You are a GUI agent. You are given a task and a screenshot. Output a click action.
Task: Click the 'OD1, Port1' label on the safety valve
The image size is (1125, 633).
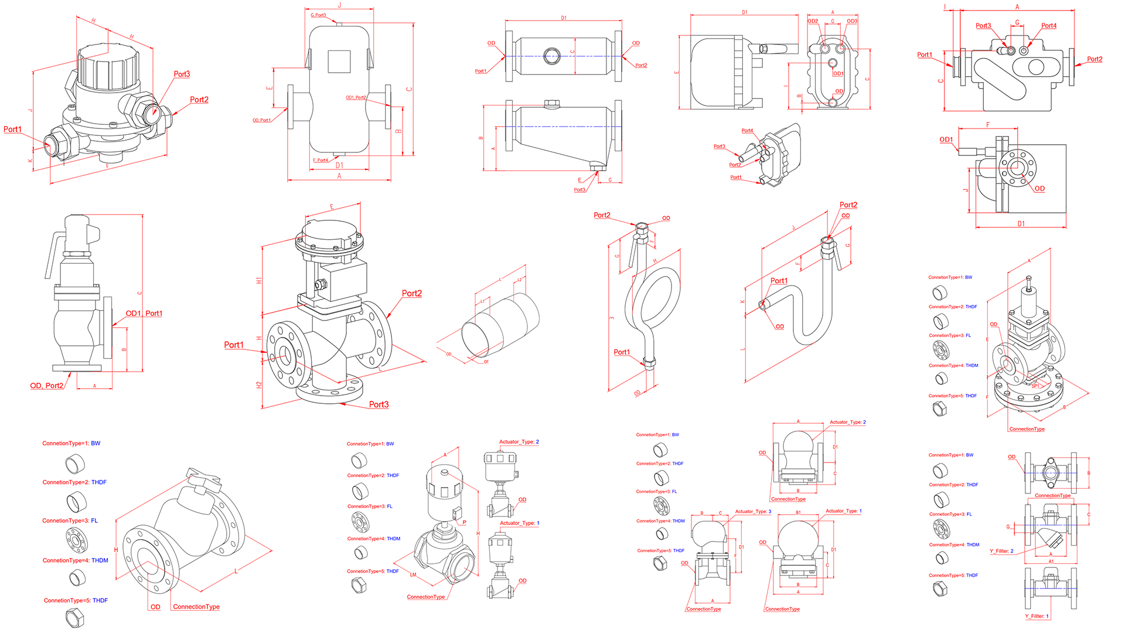144,314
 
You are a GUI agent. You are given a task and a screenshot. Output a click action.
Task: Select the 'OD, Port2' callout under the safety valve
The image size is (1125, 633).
46,386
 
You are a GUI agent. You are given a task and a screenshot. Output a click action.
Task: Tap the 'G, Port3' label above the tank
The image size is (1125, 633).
318,15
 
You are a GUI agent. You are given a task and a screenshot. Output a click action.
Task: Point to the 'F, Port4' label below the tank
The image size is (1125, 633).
321,160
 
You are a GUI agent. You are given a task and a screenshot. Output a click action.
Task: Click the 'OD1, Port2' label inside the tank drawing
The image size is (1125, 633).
356,97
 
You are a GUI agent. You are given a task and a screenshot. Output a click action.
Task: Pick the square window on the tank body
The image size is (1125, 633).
339,61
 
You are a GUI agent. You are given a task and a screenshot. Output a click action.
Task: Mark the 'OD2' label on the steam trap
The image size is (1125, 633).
813,21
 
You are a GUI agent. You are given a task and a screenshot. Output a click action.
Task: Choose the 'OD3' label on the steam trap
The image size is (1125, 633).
852,21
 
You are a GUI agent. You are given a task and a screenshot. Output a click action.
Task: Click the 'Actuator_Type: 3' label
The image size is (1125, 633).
753,512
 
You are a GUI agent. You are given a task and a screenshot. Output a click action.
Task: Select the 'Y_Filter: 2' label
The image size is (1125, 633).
1001,551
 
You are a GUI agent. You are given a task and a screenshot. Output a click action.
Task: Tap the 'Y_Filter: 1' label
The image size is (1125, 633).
1037,616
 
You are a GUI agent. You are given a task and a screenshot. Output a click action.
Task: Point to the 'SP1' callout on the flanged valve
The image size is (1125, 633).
1035,386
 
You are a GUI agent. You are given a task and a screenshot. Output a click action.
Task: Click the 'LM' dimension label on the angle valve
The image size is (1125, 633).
413,575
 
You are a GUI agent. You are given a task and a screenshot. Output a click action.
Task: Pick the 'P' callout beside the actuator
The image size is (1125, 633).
465,522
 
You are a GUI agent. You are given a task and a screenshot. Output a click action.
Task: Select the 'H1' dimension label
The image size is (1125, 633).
259,281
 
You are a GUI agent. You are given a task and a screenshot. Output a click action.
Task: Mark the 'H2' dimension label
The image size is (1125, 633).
259,385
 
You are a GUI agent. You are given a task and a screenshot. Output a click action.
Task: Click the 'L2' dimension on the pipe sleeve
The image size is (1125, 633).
519,280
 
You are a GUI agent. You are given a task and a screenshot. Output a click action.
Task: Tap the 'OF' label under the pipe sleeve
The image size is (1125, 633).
486,362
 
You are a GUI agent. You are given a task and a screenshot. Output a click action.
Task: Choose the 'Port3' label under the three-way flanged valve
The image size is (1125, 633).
379,404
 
